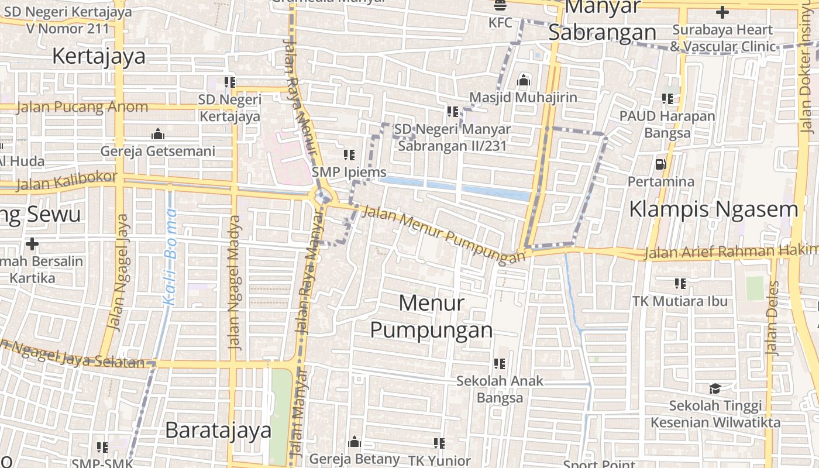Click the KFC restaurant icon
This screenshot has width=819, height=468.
(x=500, y=6)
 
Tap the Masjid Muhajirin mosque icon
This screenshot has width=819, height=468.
(x=524, y=80)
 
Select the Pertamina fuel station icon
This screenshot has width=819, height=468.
(x=661, y=164)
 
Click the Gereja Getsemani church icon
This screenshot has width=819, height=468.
(x=157, y=134)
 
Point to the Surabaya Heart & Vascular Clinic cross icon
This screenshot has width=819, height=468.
(x=722, y=12)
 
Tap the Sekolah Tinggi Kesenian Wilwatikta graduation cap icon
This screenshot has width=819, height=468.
(x=715, y=388)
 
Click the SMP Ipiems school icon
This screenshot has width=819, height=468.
(x=349, y=155)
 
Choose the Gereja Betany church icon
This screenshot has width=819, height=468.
(x=355, y=442)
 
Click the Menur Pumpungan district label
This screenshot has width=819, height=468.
(x=432, y=316)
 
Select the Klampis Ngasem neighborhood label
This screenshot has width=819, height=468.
(x=713, y=209)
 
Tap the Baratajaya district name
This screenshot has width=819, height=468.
(x=218, y=430)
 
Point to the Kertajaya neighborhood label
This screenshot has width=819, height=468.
(x=99, y=56)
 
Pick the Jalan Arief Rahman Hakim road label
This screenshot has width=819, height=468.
(x=731, y=252)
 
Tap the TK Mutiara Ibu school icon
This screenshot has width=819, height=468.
(x=680, y=284)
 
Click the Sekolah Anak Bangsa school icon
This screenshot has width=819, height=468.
(x=499, y=364)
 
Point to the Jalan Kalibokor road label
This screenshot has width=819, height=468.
(x=66, y=181)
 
